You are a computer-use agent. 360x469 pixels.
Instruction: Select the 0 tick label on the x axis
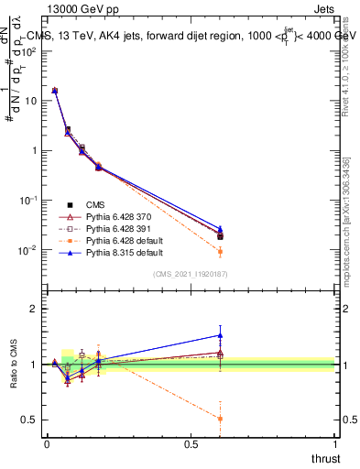click(x=47, y=443)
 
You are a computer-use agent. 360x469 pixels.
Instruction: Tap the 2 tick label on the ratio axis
click(x=34, y=309)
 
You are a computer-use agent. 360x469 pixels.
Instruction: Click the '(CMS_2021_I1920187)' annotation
click(x=191, y=274)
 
